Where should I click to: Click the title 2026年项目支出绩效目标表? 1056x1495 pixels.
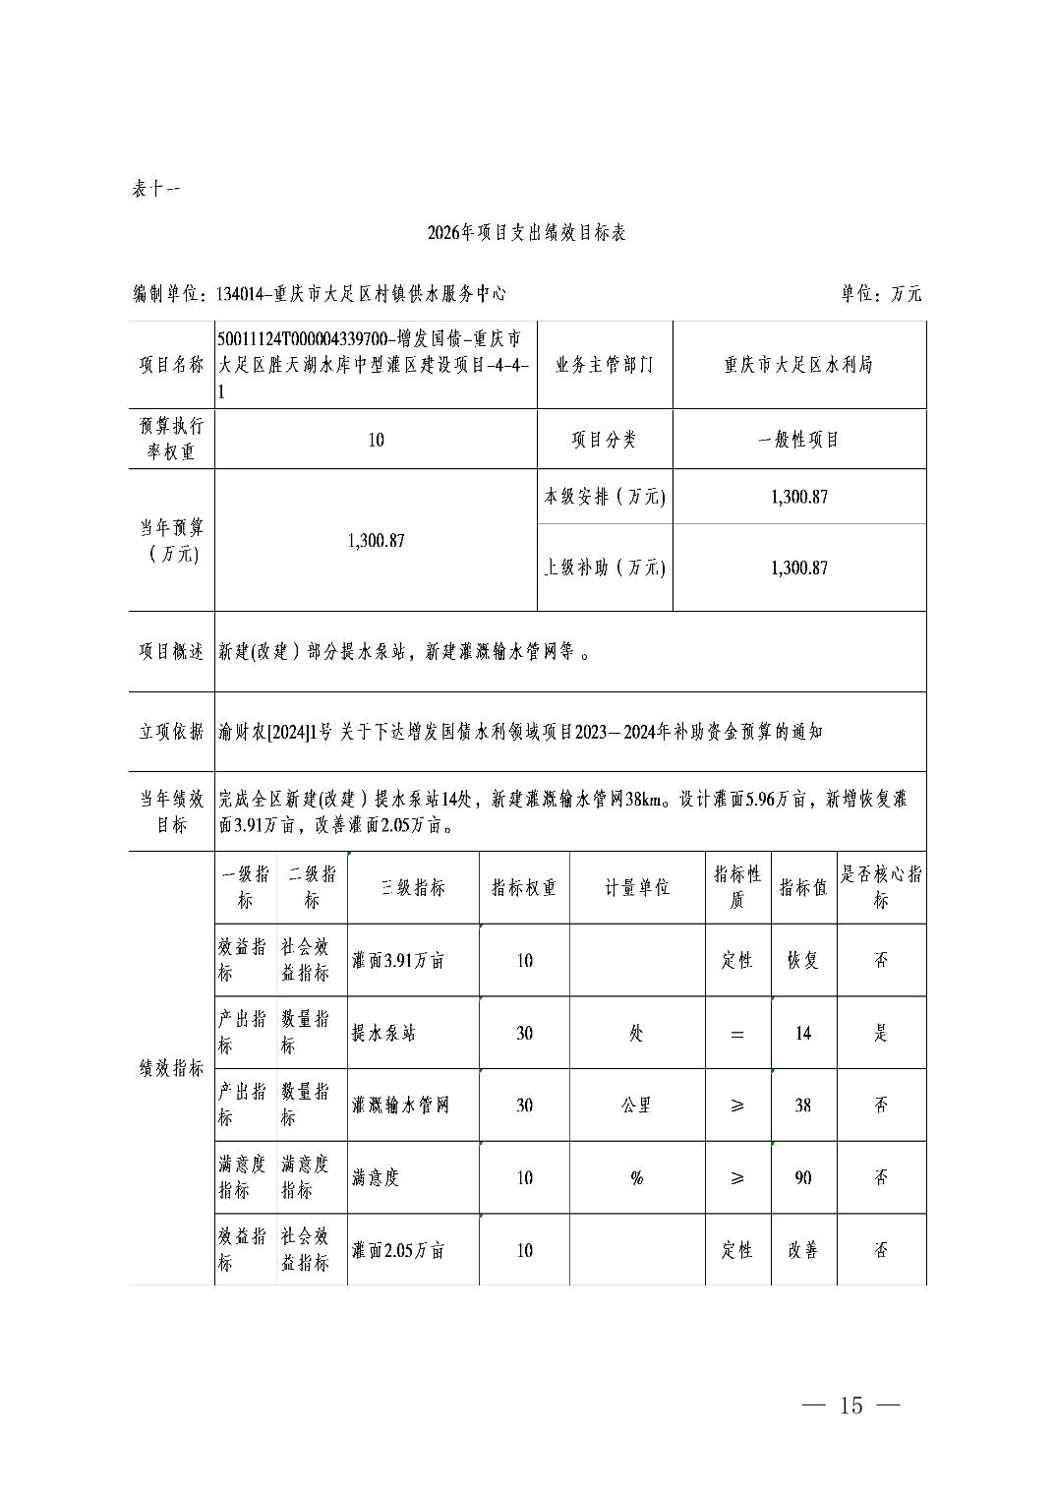pos(527,233)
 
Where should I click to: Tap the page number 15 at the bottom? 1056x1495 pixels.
pos(851,1405)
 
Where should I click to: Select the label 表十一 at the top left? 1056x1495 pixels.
pos(155,189)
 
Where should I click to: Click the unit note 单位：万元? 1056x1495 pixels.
pos(881,293)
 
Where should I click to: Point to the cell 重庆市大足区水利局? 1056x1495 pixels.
pos(798,365)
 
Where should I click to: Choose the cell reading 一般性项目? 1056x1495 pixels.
pos(798,440)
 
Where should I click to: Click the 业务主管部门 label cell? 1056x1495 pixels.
pos(604,365)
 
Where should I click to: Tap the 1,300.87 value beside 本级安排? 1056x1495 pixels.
pos(798,497)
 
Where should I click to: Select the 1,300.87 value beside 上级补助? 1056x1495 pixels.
pos(798,568)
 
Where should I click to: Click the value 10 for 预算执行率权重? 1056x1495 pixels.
pos(376,440)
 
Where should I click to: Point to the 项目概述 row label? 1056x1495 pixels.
pos(171,652)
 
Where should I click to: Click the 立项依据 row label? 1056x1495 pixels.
pos(171,732)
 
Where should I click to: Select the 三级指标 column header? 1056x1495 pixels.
pos(413,887)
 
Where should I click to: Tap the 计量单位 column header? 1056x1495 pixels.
pos(637,887)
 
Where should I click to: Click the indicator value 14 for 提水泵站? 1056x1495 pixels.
pos(803,1033)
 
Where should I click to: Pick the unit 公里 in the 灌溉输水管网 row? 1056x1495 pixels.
pos(637,1106)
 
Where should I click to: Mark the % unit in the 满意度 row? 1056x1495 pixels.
pos(637,1177)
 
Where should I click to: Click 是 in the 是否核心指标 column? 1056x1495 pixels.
pos(881,1033)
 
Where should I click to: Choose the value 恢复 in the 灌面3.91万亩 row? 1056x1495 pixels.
pos(803,960)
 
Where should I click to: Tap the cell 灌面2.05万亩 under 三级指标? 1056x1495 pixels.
pos(398,1250)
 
